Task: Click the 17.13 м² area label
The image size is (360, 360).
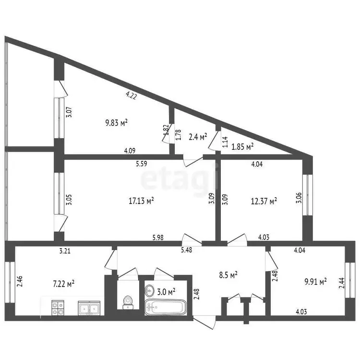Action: click(x=141, y=201)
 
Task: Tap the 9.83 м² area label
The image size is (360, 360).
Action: click(x=117, y=122)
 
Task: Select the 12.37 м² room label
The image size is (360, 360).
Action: click(x=264, y=201)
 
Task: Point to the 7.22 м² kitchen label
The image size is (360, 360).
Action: click(x=63, y=284)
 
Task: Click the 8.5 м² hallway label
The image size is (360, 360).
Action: click(x=228, y=275)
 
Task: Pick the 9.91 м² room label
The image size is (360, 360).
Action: click(x=316, y=281)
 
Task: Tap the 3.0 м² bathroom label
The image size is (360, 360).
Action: click(x=166, y=292)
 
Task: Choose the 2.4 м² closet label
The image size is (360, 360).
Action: click(x=198, y=137)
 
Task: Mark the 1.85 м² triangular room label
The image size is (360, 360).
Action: click(x=242, y=146)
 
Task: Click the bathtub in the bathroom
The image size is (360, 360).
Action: click(x=165, y=307)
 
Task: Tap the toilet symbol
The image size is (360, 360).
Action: click(x=127, y=303)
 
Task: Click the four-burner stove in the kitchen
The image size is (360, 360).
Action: click(x=58, y=308)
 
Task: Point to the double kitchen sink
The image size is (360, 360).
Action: click(x=89, y=308)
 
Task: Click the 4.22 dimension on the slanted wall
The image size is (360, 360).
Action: click(x=132, y=96)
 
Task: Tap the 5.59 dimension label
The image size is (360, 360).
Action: click(x=142, y=164)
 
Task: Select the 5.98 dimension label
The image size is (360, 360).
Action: click(x=158, y=238)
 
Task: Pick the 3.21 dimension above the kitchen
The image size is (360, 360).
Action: click(x=65, y=251)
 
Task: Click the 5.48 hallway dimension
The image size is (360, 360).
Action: click(x=186, y=250)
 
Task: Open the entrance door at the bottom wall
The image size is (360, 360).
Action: click(x=204, y=322)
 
